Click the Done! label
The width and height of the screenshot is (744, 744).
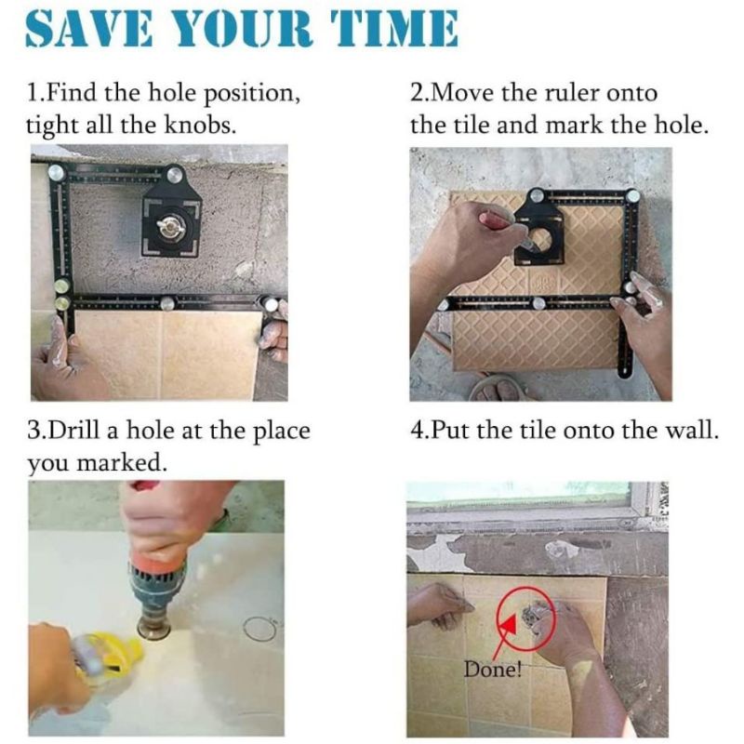click(x=492, y=670)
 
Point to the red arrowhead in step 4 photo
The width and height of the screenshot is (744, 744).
click(x=508, y=623)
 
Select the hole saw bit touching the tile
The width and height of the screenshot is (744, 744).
click(x=154, y=627)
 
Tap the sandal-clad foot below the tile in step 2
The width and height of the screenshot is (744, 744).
click(x=498, y=388)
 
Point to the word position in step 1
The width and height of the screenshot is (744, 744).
click(x=251, y=94)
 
